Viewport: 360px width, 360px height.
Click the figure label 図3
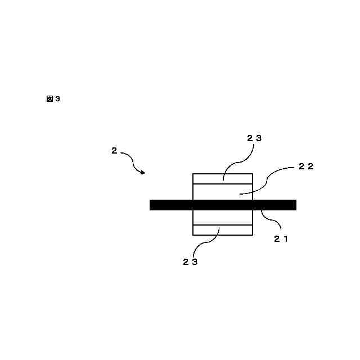coord(53,99)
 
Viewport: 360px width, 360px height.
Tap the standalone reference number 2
coord(114,150)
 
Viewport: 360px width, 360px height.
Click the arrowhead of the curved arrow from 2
coord(143,172)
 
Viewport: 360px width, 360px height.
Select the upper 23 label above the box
coord(254,138)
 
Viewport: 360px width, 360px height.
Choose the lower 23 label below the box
coord(190,262)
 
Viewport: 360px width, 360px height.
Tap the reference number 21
coord(281,238)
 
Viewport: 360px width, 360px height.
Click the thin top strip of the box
coord(223,179)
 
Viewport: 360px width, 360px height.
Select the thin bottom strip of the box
coord(223,229)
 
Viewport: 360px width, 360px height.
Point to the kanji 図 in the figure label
coord(49,99)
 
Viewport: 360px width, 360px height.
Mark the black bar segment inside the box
coord(223,205)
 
